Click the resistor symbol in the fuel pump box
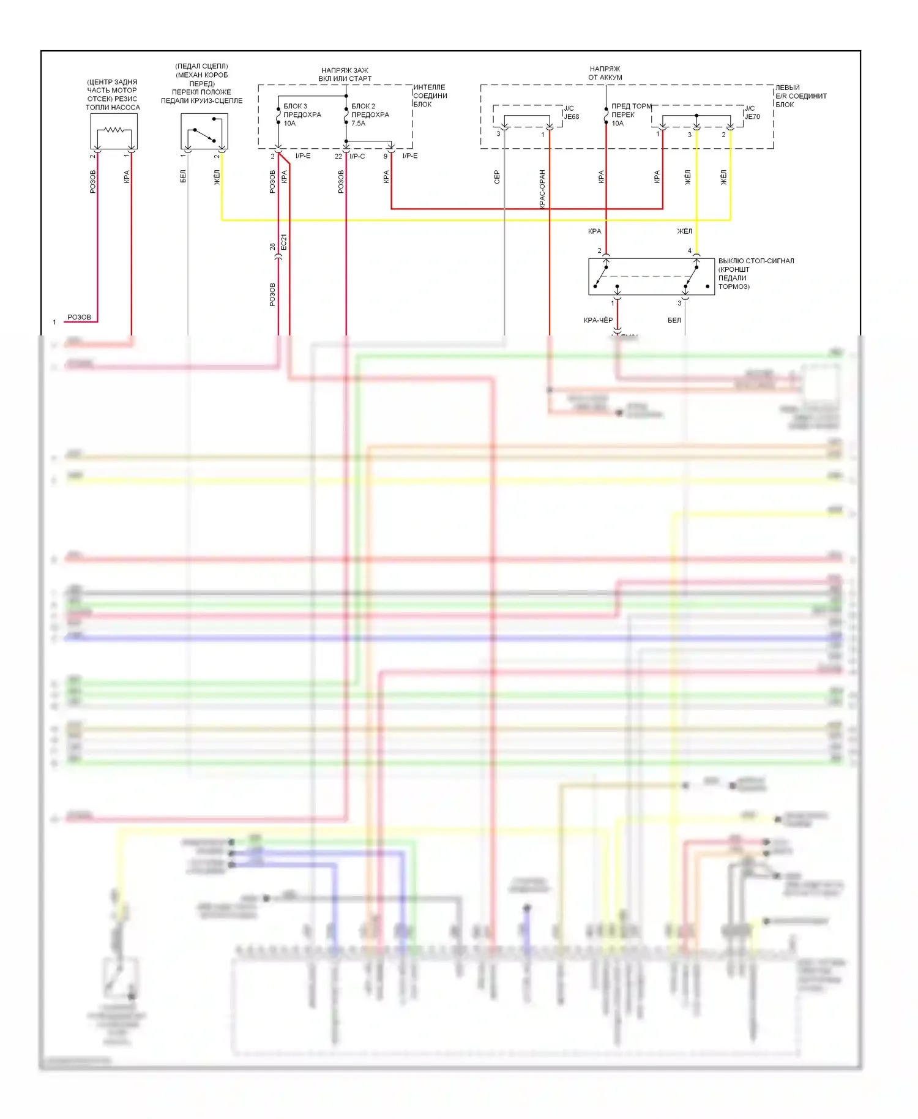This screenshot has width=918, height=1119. [114, 130]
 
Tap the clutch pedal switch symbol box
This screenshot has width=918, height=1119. [204, 131]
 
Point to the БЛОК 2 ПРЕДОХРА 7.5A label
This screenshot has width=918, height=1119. [370, 114]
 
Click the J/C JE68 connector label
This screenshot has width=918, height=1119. [571, 113]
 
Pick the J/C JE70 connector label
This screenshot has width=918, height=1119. [752, 113]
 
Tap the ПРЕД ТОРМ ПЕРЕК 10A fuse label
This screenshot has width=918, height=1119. [630, 114]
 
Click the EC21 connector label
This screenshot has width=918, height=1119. [284, 242]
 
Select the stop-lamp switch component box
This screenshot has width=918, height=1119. [651, 277]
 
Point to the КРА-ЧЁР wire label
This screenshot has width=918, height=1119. [598, 320]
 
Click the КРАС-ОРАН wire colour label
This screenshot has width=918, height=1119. [542, 189]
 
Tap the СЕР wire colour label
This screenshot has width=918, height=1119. [497, 177]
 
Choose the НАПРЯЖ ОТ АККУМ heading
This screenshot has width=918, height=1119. [605, 73]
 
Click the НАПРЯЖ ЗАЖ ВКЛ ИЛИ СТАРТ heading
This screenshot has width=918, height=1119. [345, 74]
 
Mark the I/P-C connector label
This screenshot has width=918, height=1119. [357, 156]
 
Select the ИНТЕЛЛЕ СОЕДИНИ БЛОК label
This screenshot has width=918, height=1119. [430, 95]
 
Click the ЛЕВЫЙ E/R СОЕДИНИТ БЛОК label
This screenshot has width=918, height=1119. [800, 96]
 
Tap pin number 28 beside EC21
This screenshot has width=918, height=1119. [272, 247]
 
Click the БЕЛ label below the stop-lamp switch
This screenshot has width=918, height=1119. [674, 320]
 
